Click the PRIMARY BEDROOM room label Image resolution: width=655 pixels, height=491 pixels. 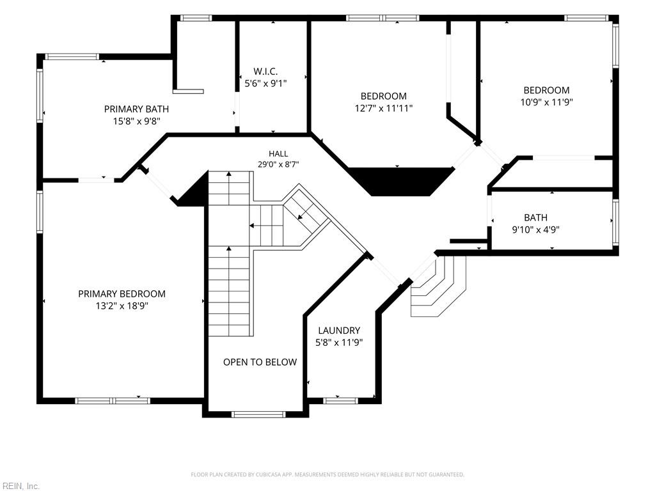click(122, 294)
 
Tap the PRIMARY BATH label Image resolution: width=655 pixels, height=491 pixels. click(137, 109)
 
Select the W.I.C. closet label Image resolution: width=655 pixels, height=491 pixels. click(265, 72)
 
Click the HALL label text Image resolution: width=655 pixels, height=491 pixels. click(278, 153)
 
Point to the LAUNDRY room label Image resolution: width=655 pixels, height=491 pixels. click(339, 331)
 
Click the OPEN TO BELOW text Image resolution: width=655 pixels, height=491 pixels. click(260, 362)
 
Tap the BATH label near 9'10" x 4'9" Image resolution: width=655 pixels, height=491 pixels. click(535, 217)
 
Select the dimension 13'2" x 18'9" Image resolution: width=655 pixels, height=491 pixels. click(122, 306)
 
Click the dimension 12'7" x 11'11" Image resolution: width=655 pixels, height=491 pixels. click(384, 108)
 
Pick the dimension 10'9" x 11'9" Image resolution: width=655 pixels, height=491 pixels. click(546, 102)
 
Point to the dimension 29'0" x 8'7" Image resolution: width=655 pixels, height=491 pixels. click(278, 164)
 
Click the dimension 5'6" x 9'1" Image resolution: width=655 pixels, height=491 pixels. click(265, 83)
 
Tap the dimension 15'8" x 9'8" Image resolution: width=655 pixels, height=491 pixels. click(137, 121)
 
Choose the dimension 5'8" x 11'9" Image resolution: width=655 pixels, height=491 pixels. click(339, 343)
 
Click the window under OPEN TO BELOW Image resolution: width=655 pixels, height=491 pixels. click(258, 414)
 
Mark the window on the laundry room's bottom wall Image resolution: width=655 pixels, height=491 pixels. click(341, 401)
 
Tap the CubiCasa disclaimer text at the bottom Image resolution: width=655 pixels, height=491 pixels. click(327, 474)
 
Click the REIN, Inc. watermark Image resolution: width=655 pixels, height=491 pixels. click(20, 486)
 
